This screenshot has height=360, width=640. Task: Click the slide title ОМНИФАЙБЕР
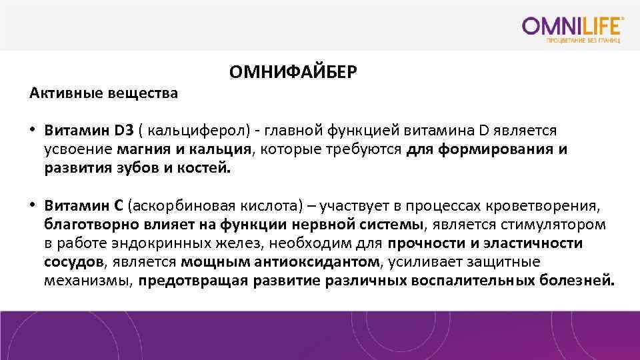(x=293, y=71)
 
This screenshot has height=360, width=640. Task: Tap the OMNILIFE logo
(x=573, y=27)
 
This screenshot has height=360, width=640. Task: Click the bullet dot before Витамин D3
(x=32, y=130)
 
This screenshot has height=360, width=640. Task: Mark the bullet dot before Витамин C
(x=32, y=203)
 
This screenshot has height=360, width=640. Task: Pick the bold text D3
(x=124, y=130)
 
